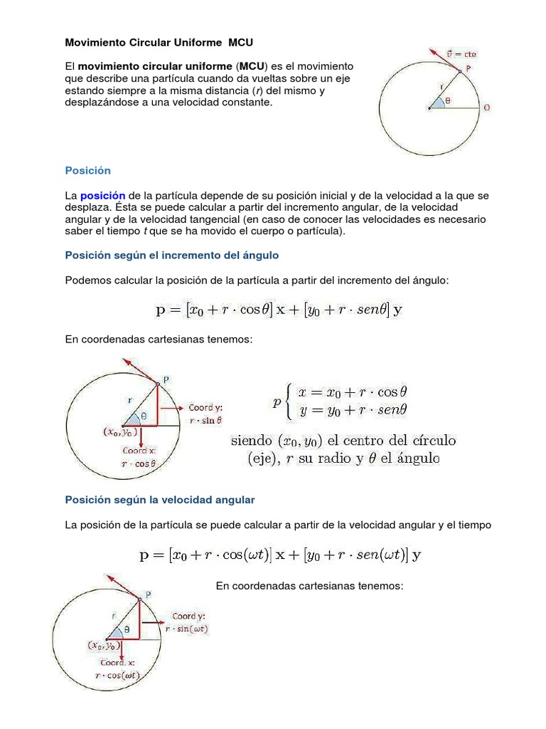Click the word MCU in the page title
tap(240, 42)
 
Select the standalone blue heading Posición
tap(87, 170)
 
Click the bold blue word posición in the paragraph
tap(102, 195)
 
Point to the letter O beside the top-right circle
tap(487, 107)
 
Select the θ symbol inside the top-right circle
tap(447, 101)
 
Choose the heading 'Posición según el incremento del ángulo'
tap(171, 254)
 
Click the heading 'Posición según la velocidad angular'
tap(159, 500)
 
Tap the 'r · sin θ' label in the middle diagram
tap(205, 420)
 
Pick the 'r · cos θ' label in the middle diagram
tap(139, 462)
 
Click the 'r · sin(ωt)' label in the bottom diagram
tap(187, 629)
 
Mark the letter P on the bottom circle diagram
tap(148, 594)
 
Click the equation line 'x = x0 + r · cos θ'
tap(353, 392)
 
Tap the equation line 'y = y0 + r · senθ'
tap(353, 410)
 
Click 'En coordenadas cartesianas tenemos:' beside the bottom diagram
tap(309, 586)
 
